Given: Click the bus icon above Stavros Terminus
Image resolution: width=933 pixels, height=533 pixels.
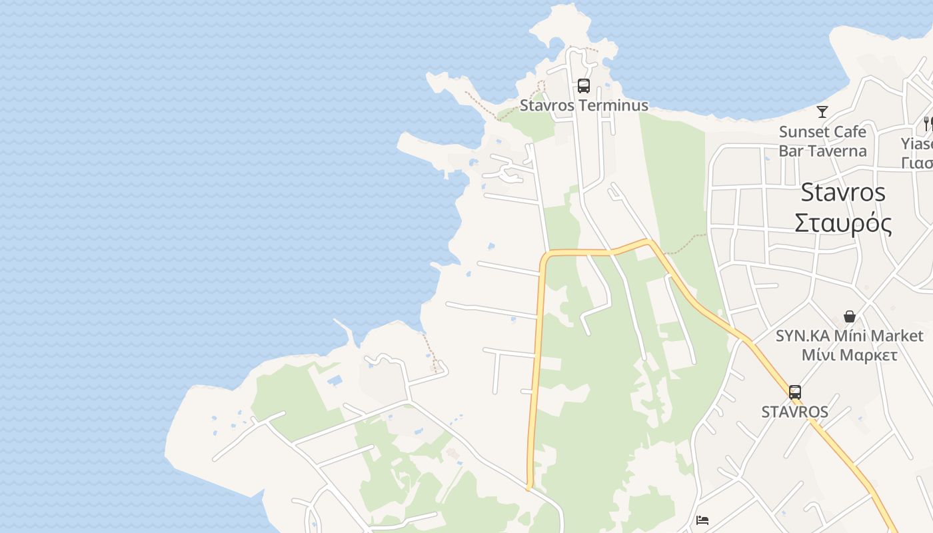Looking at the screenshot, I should click(x=584, y=85).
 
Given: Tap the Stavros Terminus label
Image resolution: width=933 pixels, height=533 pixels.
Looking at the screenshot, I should click(x=584, y=105).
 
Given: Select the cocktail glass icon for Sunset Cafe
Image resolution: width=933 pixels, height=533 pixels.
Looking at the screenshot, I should click(x=822, y=112).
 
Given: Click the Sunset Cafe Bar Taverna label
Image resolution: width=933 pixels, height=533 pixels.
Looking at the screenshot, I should click(x=822, y=141).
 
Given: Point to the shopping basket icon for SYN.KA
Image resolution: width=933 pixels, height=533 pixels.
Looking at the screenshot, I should click(x=850, y=316).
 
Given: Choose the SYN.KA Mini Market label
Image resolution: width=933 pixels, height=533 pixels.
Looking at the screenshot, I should click(x=849, y=336).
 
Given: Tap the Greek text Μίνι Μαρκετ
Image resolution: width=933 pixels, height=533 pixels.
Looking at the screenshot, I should click(x=849, y=354).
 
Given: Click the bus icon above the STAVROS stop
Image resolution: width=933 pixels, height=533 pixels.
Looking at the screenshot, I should click(x=794, y=392).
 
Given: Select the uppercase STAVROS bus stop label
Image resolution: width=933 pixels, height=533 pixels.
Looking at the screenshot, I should click(x=794, y=412).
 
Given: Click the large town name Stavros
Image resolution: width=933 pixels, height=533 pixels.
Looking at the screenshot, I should click(x=843, y=193).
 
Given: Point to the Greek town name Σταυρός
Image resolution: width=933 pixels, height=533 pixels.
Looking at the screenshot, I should click(x=843, y=223).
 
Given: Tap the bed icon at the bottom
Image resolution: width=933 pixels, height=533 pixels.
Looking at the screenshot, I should click(x=702, y=520).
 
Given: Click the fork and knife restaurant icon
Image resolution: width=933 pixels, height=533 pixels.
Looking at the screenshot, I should click(x=927, y=123).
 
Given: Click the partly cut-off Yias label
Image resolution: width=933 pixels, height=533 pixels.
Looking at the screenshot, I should click(x=917, y=144).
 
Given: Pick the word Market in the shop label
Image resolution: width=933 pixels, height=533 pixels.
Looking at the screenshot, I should click(x=893, y=336).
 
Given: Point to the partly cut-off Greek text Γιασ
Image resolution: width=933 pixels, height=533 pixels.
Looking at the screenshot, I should click(x=917, y=163).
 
